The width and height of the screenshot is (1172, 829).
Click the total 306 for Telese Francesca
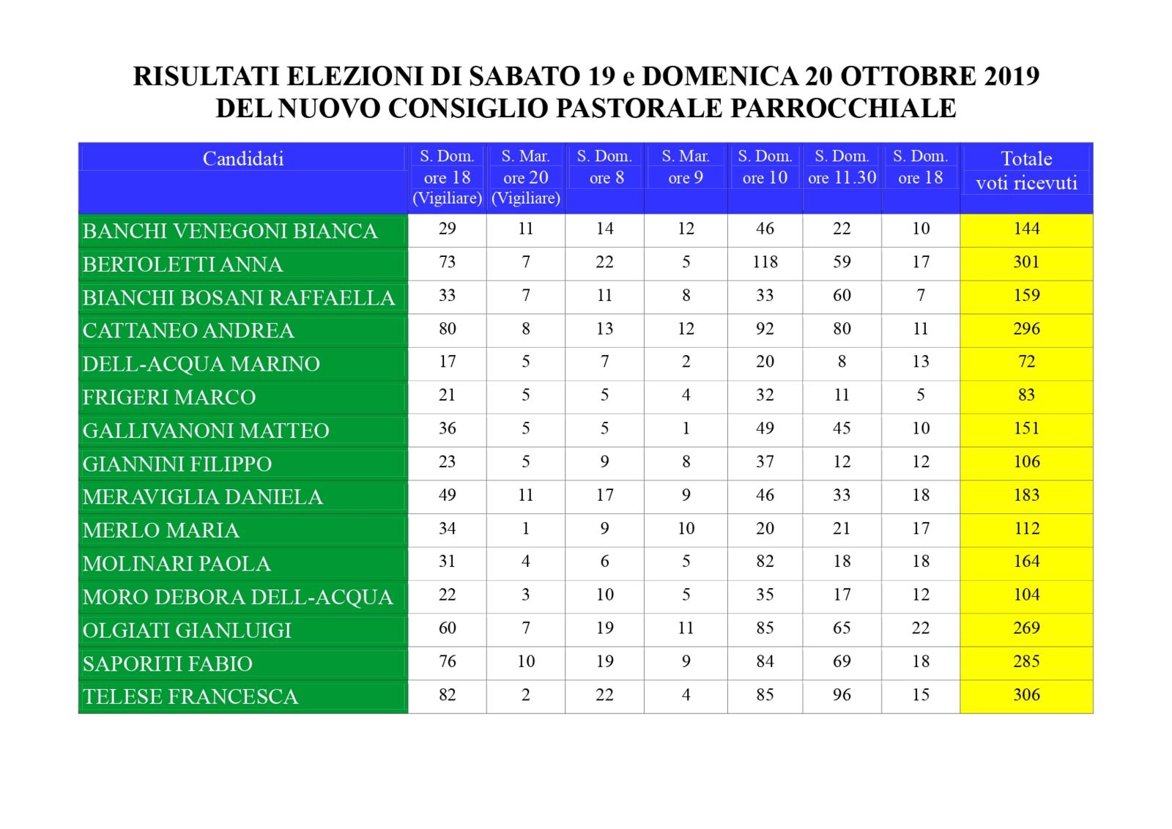click(1025, 695)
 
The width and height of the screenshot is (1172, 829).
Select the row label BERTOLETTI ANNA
click(182, 264)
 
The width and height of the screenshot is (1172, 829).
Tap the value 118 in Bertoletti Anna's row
click(765, 262)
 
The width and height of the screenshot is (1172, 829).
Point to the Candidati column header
click(242, 159)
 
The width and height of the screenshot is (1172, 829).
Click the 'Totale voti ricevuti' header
click(1025, 171)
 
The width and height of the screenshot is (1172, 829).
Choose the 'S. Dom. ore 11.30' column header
click(842, 167)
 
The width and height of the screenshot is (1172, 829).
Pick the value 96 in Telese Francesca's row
click(842, 695)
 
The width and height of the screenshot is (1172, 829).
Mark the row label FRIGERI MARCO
click(169, 398)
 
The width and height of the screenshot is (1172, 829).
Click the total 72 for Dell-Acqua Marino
click(1025, 362)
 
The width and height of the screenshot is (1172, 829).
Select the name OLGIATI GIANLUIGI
click(187, 631)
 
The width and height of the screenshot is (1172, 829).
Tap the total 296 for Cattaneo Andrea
click(1025, 329)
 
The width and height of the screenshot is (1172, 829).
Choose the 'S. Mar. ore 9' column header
click(685, 167)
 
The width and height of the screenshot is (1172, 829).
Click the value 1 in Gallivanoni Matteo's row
click(686, 428)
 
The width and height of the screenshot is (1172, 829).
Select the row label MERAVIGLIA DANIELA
click(202, 497)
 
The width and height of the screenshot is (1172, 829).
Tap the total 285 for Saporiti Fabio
click(1025, 661)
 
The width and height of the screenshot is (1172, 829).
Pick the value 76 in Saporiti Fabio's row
click(447, 661)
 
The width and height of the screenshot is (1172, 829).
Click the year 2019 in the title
click(1012, 76)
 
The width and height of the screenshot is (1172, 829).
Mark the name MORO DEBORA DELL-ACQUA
click(237, 598)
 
